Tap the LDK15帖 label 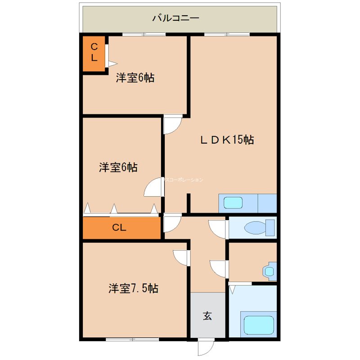227,140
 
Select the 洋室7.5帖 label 133,288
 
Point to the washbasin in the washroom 269,271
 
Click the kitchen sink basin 233,203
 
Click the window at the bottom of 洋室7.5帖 132,338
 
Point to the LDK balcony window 226,34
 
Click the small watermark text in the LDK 183,180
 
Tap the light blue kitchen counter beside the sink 267,203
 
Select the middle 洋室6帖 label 118,168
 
